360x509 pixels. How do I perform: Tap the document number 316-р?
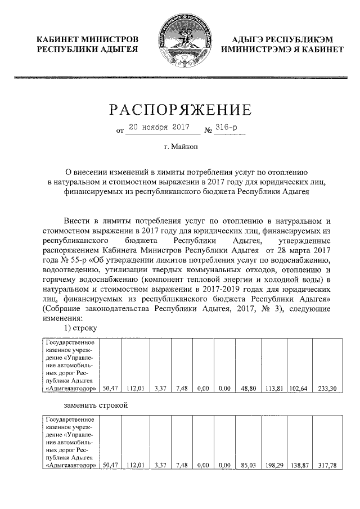tap(227, 128)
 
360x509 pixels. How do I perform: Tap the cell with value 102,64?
tap(299, 388)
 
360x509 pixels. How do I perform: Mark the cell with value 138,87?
tap(299, 466)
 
